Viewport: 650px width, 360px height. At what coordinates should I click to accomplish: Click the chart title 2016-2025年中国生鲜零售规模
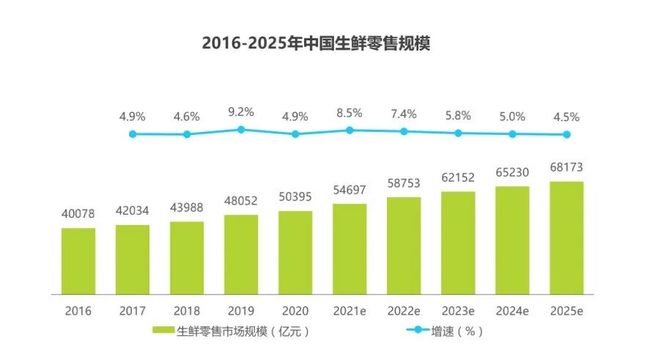point(316,43)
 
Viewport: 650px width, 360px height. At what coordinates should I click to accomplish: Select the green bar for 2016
point(78,260)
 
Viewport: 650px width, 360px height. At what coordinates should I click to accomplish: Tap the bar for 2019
point(241,254)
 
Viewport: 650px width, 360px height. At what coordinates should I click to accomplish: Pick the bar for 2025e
point(566,238)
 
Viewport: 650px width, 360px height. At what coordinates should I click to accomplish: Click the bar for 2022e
point(404,245)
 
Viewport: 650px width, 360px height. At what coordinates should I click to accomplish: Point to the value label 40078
point(78,214)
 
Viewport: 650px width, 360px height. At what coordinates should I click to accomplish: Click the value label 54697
point(350,190)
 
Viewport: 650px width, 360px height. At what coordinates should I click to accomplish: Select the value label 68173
point(566,168)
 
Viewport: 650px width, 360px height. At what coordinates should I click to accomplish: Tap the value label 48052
point(241,201)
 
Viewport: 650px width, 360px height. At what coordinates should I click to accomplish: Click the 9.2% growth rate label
point(241,112)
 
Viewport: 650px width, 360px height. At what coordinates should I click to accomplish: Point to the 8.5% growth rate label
point(350,114)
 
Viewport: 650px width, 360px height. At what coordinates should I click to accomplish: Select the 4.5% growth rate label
point(566,117)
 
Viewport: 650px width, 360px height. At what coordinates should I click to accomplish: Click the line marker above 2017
point(187,134)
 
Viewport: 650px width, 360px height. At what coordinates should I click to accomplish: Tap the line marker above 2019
point(241,129)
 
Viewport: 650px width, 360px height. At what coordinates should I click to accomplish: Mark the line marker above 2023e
point(458,133)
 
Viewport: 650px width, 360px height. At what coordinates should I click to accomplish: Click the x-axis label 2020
point(295,310)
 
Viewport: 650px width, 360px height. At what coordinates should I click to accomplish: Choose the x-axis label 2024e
point(512,310)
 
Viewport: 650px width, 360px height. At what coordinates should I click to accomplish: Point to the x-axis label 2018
point(187,310)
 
